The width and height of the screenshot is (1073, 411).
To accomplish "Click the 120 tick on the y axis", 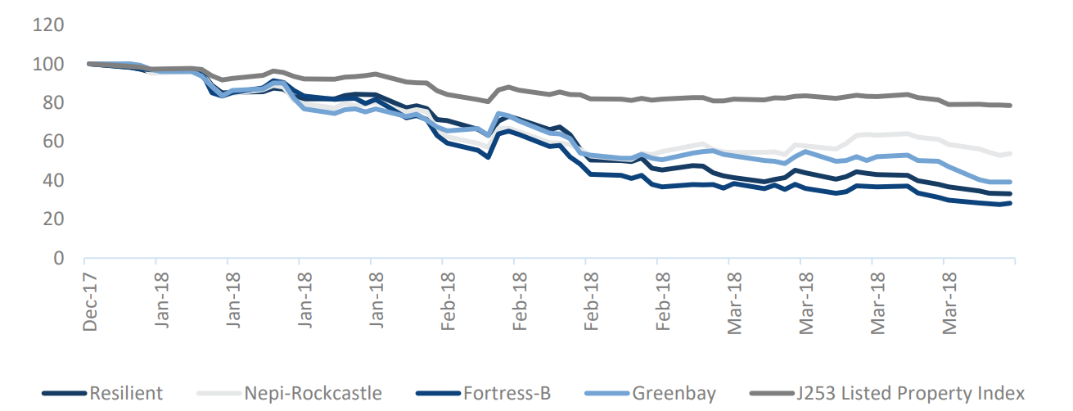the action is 48,25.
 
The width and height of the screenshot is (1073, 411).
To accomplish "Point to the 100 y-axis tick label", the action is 48,64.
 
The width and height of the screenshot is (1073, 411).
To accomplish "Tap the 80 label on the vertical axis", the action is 53,102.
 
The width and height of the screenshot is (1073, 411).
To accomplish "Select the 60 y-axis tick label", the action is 53,142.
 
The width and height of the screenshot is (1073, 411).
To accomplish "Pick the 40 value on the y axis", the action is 53,181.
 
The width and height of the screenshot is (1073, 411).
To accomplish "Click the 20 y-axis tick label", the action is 53,219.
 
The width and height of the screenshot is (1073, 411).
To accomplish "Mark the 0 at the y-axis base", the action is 58,258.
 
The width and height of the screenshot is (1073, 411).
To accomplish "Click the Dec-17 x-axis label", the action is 89,302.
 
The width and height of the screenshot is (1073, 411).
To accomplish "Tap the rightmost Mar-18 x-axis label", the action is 949,303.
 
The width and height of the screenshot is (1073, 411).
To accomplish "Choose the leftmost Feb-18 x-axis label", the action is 448,301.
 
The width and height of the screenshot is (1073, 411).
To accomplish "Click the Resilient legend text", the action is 126,393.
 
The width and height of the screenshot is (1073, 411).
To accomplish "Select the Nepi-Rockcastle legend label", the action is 313,393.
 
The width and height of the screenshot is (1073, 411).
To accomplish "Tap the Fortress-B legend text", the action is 507,393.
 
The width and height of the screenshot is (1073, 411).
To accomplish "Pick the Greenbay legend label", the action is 674,394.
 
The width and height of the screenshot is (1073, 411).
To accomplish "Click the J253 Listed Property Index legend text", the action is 910,393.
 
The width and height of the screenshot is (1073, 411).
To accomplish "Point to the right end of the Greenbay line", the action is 1010,182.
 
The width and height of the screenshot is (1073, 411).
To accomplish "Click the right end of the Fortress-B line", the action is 1010,203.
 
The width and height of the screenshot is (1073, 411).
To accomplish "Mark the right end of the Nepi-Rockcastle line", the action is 1010,154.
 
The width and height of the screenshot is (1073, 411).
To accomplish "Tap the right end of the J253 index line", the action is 1010,106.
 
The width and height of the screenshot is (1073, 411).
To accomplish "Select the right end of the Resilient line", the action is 1010,194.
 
